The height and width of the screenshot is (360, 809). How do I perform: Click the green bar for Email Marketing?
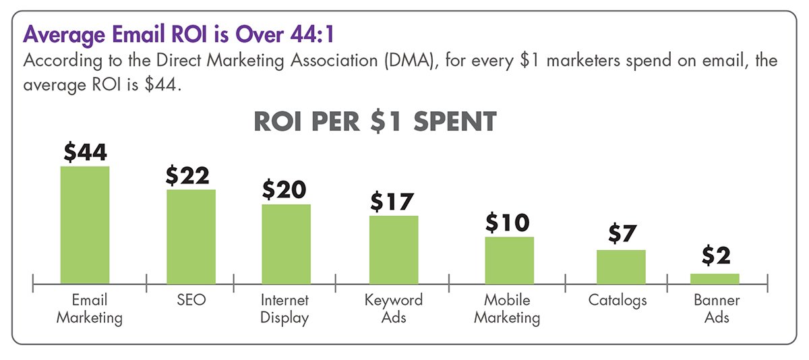pyautogui.click(x=85, y=225)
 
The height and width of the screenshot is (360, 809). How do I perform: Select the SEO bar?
pyautogui.click(x=191, y=237)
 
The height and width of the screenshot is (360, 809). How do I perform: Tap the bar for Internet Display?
pyautogui.click(x=286, y=244)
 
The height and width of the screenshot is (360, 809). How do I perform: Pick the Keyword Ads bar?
pyautogui.click(x=394, y=250)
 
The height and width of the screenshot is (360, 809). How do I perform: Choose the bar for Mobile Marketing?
pyautogui.click(x=509, y=260)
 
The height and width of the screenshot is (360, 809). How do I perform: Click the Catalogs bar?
pyautogui.click(x=621, y=267)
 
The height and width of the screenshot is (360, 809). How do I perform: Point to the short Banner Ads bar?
pyautogui.click(x=715, y=279)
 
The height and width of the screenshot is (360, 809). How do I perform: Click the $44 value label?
pyautogui.click(x=85, y=152)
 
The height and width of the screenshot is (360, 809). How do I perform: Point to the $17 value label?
pyautogui.click(x=392, y=202)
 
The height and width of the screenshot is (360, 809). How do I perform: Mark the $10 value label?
pyautogui.click(x=509, y=222)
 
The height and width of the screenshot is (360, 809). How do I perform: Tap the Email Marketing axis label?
pyautogui.click(x=89, y=308)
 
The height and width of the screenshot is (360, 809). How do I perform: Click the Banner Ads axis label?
pyautogui.click(x=717, y=308)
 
